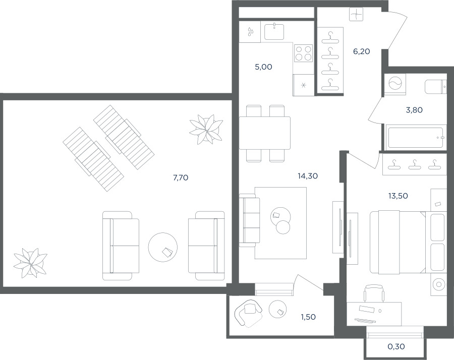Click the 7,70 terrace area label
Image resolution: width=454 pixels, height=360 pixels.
181,177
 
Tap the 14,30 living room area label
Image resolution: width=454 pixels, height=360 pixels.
308,175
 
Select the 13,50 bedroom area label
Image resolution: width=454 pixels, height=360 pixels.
398,196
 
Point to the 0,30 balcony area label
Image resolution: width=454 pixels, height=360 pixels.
396,346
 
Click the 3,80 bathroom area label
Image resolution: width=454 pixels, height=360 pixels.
414,110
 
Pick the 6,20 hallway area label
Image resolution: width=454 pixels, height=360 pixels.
361,51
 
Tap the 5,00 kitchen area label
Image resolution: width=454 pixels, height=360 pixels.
263,67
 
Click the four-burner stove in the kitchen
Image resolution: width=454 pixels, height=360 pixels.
304,53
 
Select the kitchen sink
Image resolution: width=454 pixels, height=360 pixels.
274,32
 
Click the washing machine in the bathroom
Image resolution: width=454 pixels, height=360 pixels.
395,84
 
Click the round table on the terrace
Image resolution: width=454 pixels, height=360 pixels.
163,247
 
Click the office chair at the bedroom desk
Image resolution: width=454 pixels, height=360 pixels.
375,293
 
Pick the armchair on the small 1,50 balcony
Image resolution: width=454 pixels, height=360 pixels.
248,313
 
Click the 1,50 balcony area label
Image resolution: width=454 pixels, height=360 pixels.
308,317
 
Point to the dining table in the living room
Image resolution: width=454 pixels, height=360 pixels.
265,133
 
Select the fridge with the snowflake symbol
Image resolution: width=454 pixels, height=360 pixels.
304,85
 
